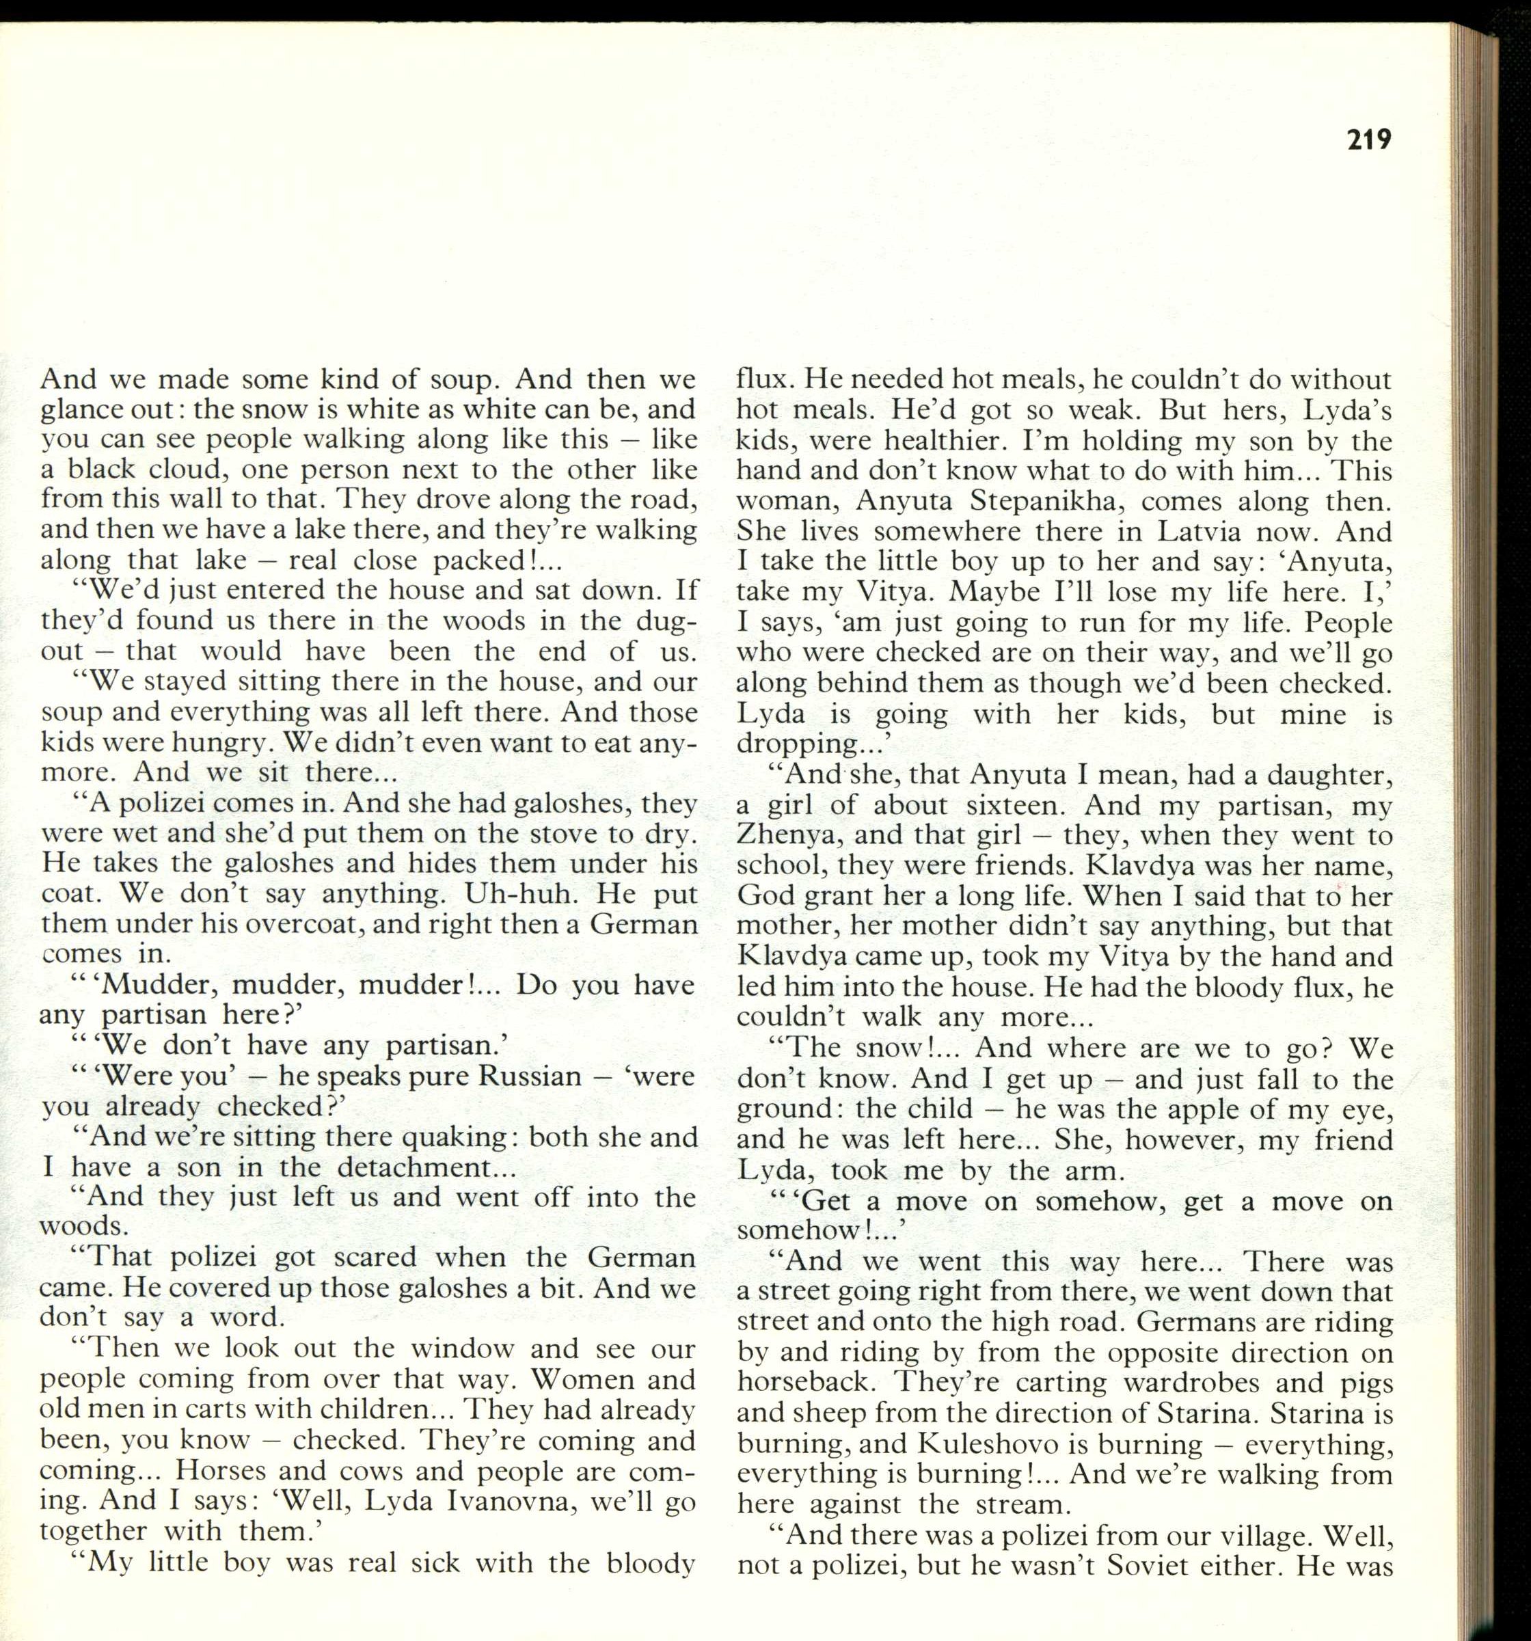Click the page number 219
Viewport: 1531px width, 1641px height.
[1368, 140]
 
